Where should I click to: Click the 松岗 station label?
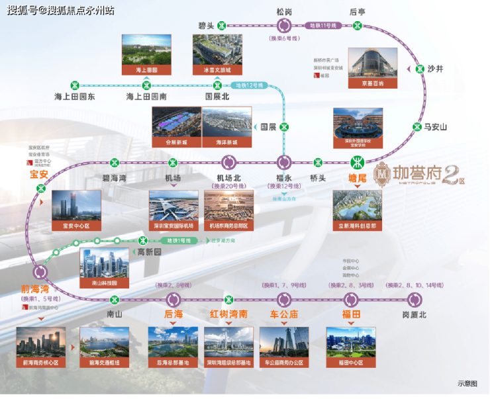click(x=284, y=11)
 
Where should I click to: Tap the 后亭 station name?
click(x=358, y=11)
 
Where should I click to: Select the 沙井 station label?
click(x=435, y=68)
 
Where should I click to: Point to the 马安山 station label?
click(x=436, y=127)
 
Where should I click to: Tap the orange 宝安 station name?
click(x=39, y=175)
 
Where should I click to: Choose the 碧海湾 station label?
click(x=115, y=177)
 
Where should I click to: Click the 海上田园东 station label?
click(x=75, y=97)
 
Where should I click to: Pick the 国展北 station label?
click(x=217, y=97)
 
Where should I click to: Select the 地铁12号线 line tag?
click(x=250, y=85)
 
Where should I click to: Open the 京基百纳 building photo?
click(x=373, y=67)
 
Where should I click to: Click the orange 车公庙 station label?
click(x=284, y=314)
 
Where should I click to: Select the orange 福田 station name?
click(x=351, y=314)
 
